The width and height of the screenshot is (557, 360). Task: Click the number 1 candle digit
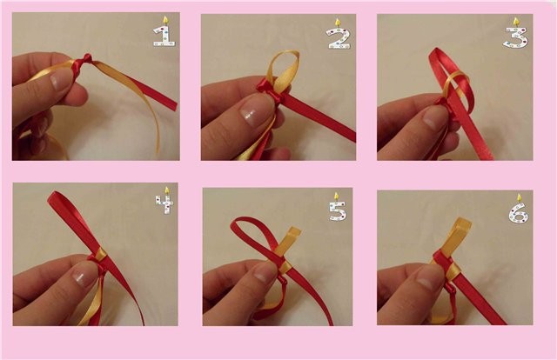[x=164, y=36]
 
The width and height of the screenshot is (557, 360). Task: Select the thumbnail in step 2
[x=254, y=111]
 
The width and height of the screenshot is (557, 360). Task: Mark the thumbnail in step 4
[x=84, y=276]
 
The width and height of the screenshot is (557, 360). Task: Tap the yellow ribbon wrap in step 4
[x=100, y=254]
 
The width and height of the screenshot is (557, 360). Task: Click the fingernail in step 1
[x=61, y=79]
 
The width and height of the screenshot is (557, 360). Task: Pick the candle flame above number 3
[x=516, y=21]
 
